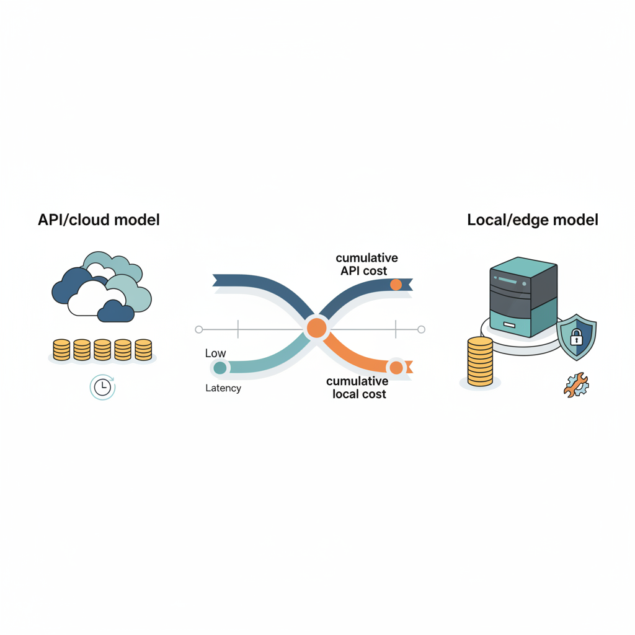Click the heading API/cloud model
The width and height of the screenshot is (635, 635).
(x=99, y=220)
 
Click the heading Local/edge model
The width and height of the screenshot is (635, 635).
(x=533, y=220)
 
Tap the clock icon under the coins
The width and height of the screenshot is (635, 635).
(x=102, y=387)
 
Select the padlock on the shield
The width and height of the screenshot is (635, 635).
(x=577, y=338)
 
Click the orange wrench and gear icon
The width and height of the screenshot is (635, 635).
(x=576, y=384)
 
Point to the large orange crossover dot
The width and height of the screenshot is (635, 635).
(x=316, y=327)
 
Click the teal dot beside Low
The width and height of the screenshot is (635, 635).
(x=220, y=368)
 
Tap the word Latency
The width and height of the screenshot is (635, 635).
(x=223, y=388)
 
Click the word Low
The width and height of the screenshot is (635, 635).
(x=215, y=353)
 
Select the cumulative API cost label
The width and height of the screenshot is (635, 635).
(x=366, y=264)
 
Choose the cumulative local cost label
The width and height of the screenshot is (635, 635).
(x=358, y=388)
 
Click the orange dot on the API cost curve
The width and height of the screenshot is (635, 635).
(x=396, y=285)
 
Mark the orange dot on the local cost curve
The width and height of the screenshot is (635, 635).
(x=396, y=368)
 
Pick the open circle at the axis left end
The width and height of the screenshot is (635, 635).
(x=199, y=329)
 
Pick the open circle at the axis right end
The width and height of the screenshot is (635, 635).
(x=422, y=329)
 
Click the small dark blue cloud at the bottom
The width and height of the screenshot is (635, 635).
(x=116, y=311)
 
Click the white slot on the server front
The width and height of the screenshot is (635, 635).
(x=509, y=325)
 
